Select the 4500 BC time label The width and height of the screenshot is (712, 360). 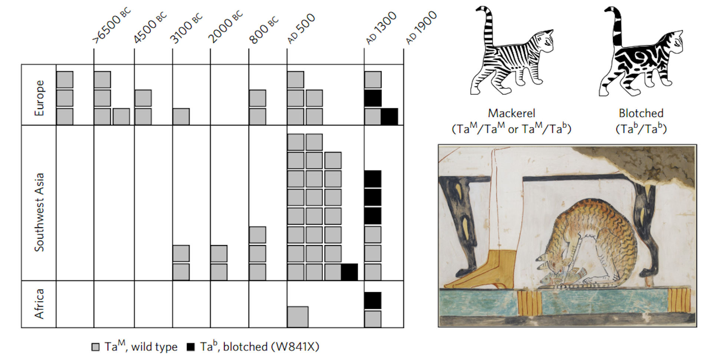point(150,28)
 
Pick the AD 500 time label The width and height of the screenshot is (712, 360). point(301,29)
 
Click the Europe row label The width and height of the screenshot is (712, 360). point(39,98)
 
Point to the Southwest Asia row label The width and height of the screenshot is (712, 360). point(39,212)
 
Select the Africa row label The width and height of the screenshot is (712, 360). point(39,304)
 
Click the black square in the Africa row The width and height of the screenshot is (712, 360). point(373,300)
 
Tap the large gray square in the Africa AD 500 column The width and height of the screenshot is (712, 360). point(297,317)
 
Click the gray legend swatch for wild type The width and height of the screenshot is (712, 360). point(96,347)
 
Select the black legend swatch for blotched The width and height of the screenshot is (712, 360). point(191,347)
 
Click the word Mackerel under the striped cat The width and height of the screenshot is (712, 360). point(511,113)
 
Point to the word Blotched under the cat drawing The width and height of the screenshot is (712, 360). point(641,113)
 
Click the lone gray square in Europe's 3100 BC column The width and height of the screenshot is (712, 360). point(181,116)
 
